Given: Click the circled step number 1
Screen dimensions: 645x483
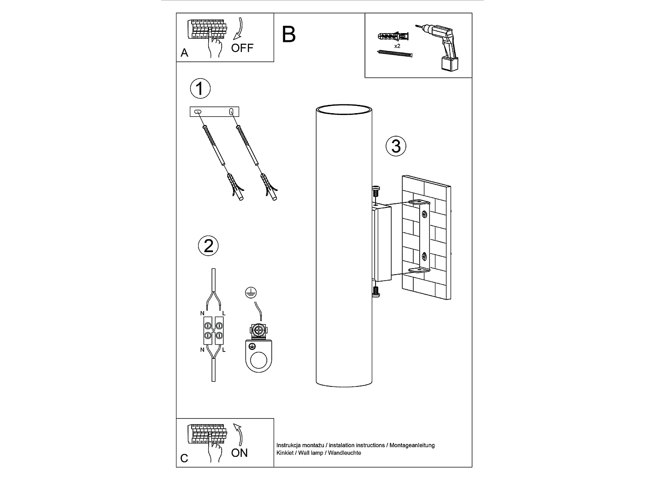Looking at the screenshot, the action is (200, 89).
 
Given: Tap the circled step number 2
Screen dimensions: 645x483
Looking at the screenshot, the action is (208, 246).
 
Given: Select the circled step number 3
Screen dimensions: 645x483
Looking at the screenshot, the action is (396, 146).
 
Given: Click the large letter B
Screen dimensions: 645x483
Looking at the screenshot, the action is (288, 34).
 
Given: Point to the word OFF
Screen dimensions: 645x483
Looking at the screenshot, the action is (242, 48).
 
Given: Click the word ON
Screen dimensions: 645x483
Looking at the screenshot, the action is (239, 453).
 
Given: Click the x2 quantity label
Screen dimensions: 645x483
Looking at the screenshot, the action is (397, 46).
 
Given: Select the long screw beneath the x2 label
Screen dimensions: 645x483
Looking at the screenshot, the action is (395, 53).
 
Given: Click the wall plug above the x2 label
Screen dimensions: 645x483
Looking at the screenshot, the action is (393, 36).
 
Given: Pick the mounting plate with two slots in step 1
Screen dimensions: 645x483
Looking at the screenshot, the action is (214, 111).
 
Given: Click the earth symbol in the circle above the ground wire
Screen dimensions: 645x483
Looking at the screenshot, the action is (251, 293).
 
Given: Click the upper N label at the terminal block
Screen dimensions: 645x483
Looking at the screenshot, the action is (202, 313).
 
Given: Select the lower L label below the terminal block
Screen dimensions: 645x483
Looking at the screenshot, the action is (224, 350).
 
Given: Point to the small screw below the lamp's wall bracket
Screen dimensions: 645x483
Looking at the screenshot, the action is (376, 292).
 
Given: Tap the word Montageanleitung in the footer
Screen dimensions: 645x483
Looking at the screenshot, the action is (412, 445).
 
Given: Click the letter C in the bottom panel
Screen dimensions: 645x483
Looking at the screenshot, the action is (184, 458).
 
